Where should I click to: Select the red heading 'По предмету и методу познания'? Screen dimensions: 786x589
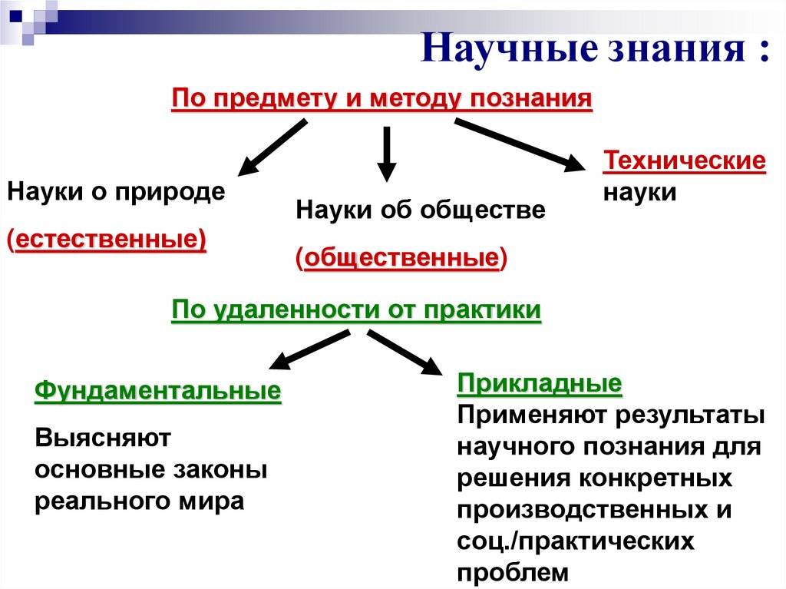[381, 99]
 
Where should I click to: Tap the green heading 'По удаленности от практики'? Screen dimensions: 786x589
[356, 310]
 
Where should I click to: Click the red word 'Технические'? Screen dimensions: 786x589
[685, 162]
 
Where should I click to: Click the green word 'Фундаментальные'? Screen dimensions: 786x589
[158, 391]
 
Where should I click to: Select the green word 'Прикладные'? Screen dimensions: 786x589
[539, 383]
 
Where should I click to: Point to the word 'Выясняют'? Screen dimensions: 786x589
[102, 438]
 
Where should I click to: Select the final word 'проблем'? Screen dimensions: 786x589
[514, 573]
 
